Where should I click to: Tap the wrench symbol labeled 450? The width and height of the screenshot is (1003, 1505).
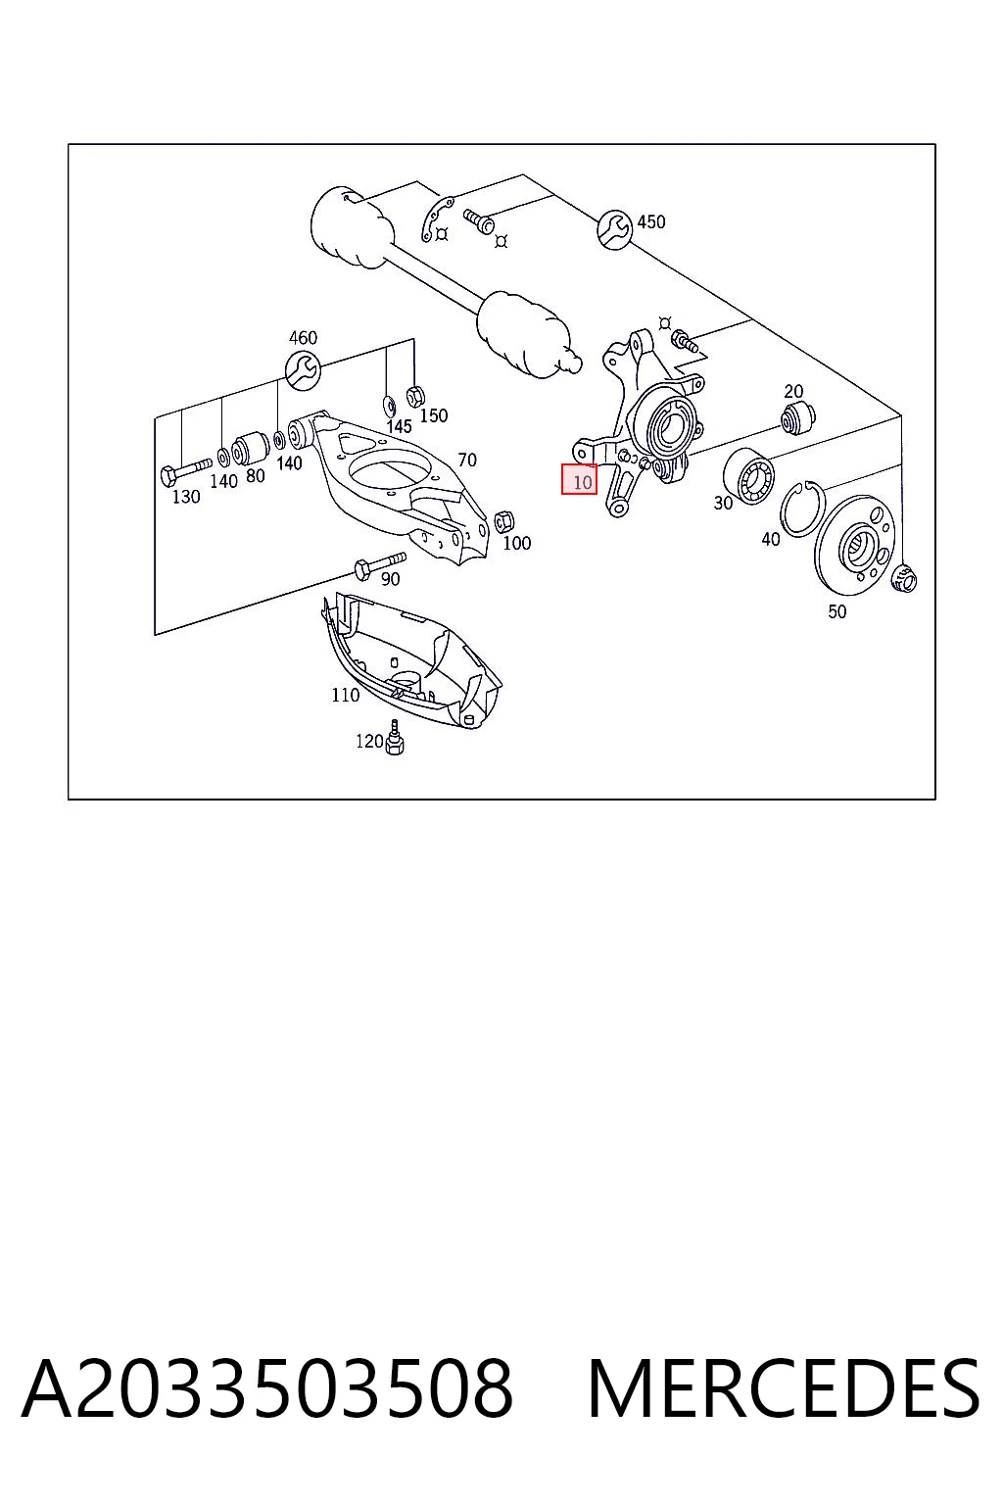point(615,229)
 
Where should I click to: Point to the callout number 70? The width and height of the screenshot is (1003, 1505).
point(467,460)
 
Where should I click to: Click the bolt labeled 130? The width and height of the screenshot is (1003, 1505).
point(186,471)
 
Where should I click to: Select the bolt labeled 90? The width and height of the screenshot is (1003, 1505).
point(380,564)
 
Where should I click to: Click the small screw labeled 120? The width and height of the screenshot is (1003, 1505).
point(395,737)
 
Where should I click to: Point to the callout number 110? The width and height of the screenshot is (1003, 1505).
point(346,695)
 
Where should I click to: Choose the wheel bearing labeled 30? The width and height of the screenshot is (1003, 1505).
point(748,474)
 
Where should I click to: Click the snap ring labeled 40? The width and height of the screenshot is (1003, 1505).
point(803,510)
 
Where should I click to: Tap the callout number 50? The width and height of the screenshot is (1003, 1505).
point(837,611)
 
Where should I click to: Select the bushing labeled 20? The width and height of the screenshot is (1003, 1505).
point(797,418)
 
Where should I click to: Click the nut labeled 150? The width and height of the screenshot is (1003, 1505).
point(415,397)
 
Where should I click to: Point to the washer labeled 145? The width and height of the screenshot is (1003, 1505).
point(388,405)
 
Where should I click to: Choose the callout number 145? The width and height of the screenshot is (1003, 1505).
point(399,426)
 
